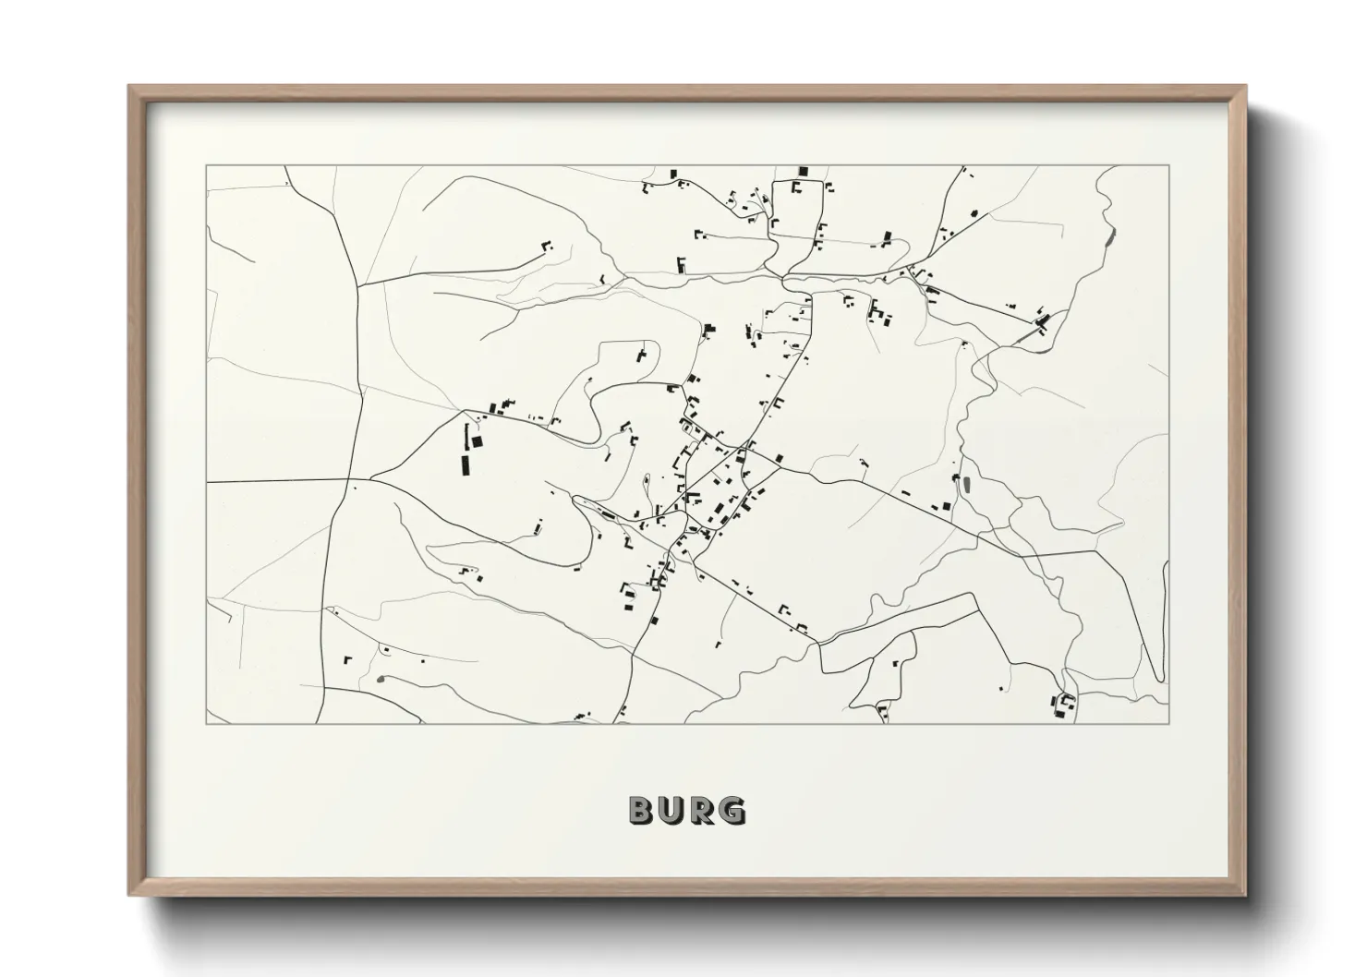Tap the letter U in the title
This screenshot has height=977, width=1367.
pos(673,810)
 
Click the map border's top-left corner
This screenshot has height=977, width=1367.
pos(206,166)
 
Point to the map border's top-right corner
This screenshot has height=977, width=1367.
pos(1169,166)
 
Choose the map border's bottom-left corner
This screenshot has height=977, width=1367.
pos(206,723)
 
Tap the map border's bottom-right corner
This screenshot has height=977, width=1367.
pos(1169,723)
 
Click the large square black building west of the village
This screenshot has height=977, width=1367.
pos(478,442)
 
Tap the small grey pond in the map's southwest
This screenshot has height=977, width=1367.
pos(380,681)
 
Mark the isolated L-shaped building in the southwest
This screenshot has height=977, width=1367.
pos(347,659)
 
